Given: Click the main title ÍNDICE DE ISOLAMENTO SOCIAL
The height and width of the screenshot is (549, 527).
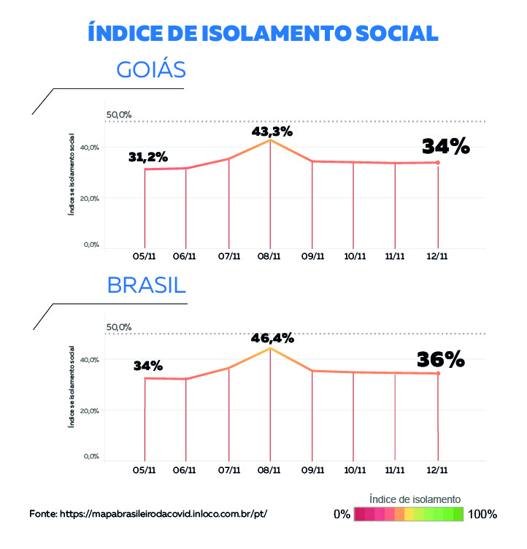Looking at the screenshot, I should point(263,33).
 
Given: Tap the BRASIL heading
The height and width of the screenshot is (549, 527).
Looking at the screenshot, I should point(147,285).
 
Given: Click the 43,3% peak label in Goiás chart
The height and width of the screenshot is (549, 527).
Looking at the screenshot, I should point(272,132).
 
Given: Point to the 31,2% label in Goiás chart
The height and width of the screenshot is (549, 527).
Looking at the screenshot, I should point(148,157).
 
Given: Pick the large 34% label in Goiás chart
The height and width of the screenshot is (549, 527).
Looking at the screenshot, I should point(445,146).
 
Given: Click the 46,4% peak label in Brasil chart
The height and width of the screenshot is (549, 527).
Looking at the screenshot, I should point(272,338).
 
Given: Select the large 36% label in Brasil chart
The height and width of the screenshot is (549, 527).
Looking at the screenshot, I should point(441,359).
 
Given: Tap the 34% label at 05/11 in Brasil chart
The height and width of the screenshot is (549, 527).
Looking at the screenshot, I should point(148,366).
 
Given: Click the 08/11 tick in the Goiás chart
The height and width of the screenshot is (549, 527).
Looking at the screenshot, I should point(270,256).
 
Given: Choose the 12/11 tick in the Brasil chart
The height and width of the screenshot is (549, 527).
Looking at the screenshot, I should point(438,470).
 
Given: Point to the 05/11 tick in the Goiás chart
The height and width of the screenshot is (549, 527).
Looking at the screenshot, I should point(145,256).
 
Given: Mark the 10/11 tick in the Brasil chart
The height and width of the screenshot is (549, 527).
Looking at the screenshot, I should point(354,470).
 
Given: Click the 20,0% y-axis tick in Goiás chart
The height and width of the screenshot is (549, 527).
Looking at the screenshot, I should point(90,198).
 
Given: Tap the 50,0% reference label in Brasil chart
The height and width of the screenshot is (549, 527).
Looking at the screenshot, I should point(119,327).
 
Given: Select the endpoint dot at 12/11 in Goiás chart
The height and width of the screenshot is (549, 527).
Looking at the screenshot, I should point(438,163).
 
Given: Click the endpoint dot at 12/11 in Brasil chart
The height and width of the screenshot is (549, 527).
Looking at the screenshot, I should point(438,374).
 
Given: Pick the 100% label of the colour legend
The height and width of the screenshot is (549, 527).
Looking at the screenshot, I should point(482,514).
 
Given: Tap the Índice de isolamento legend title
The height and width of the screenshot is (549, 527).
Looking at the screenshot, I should point(415,499).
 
